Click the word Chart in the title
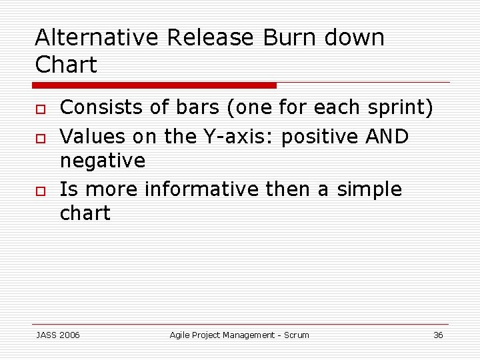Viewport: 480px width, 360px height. [x=66, y=65]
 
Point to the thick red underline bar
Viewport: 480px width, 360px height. [x=155, y=85]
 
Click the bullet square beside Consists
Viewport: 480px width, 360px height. [x=39, y=109]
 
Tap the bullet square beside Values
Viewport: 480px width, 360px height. [x=39, y=138]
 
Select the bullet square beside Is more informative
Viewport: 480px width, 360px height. [x=39, y=191]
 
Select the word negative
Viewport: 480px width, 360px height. [x=103, y=161]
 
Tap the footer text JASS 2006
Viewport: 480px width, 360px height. [x=57, y=335]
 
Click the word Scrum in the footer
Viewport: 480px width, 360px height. [x=296, y=335]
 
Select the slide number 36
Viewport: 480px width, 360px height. [x=438, y=335]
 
